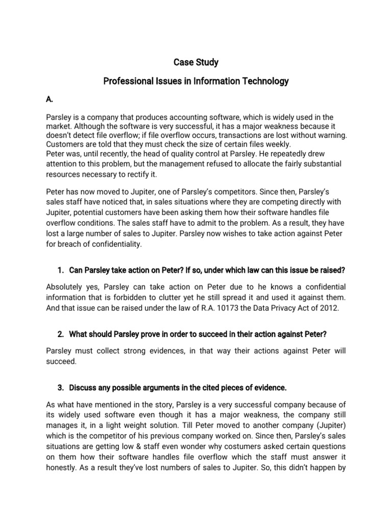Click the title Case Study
pyautogui.click(x=196, y=62)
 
